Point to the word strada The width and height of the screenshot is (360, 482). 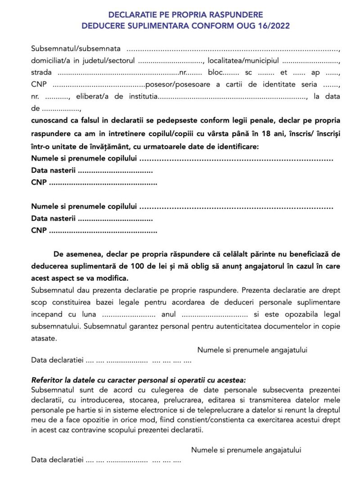pos(41,72)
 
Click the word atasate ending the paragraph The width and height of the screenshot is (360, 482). pos(44,337)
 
